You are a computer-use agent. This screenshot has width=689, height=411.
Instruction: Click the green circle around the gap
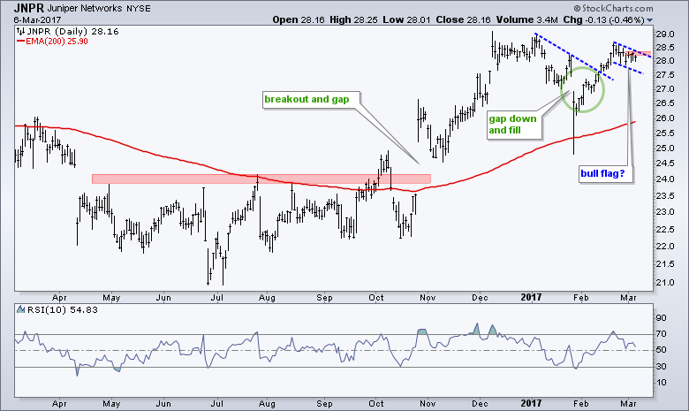point(584,86)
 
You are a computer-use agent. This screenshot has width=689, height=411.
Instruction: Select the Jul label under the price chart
point(216,295)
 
